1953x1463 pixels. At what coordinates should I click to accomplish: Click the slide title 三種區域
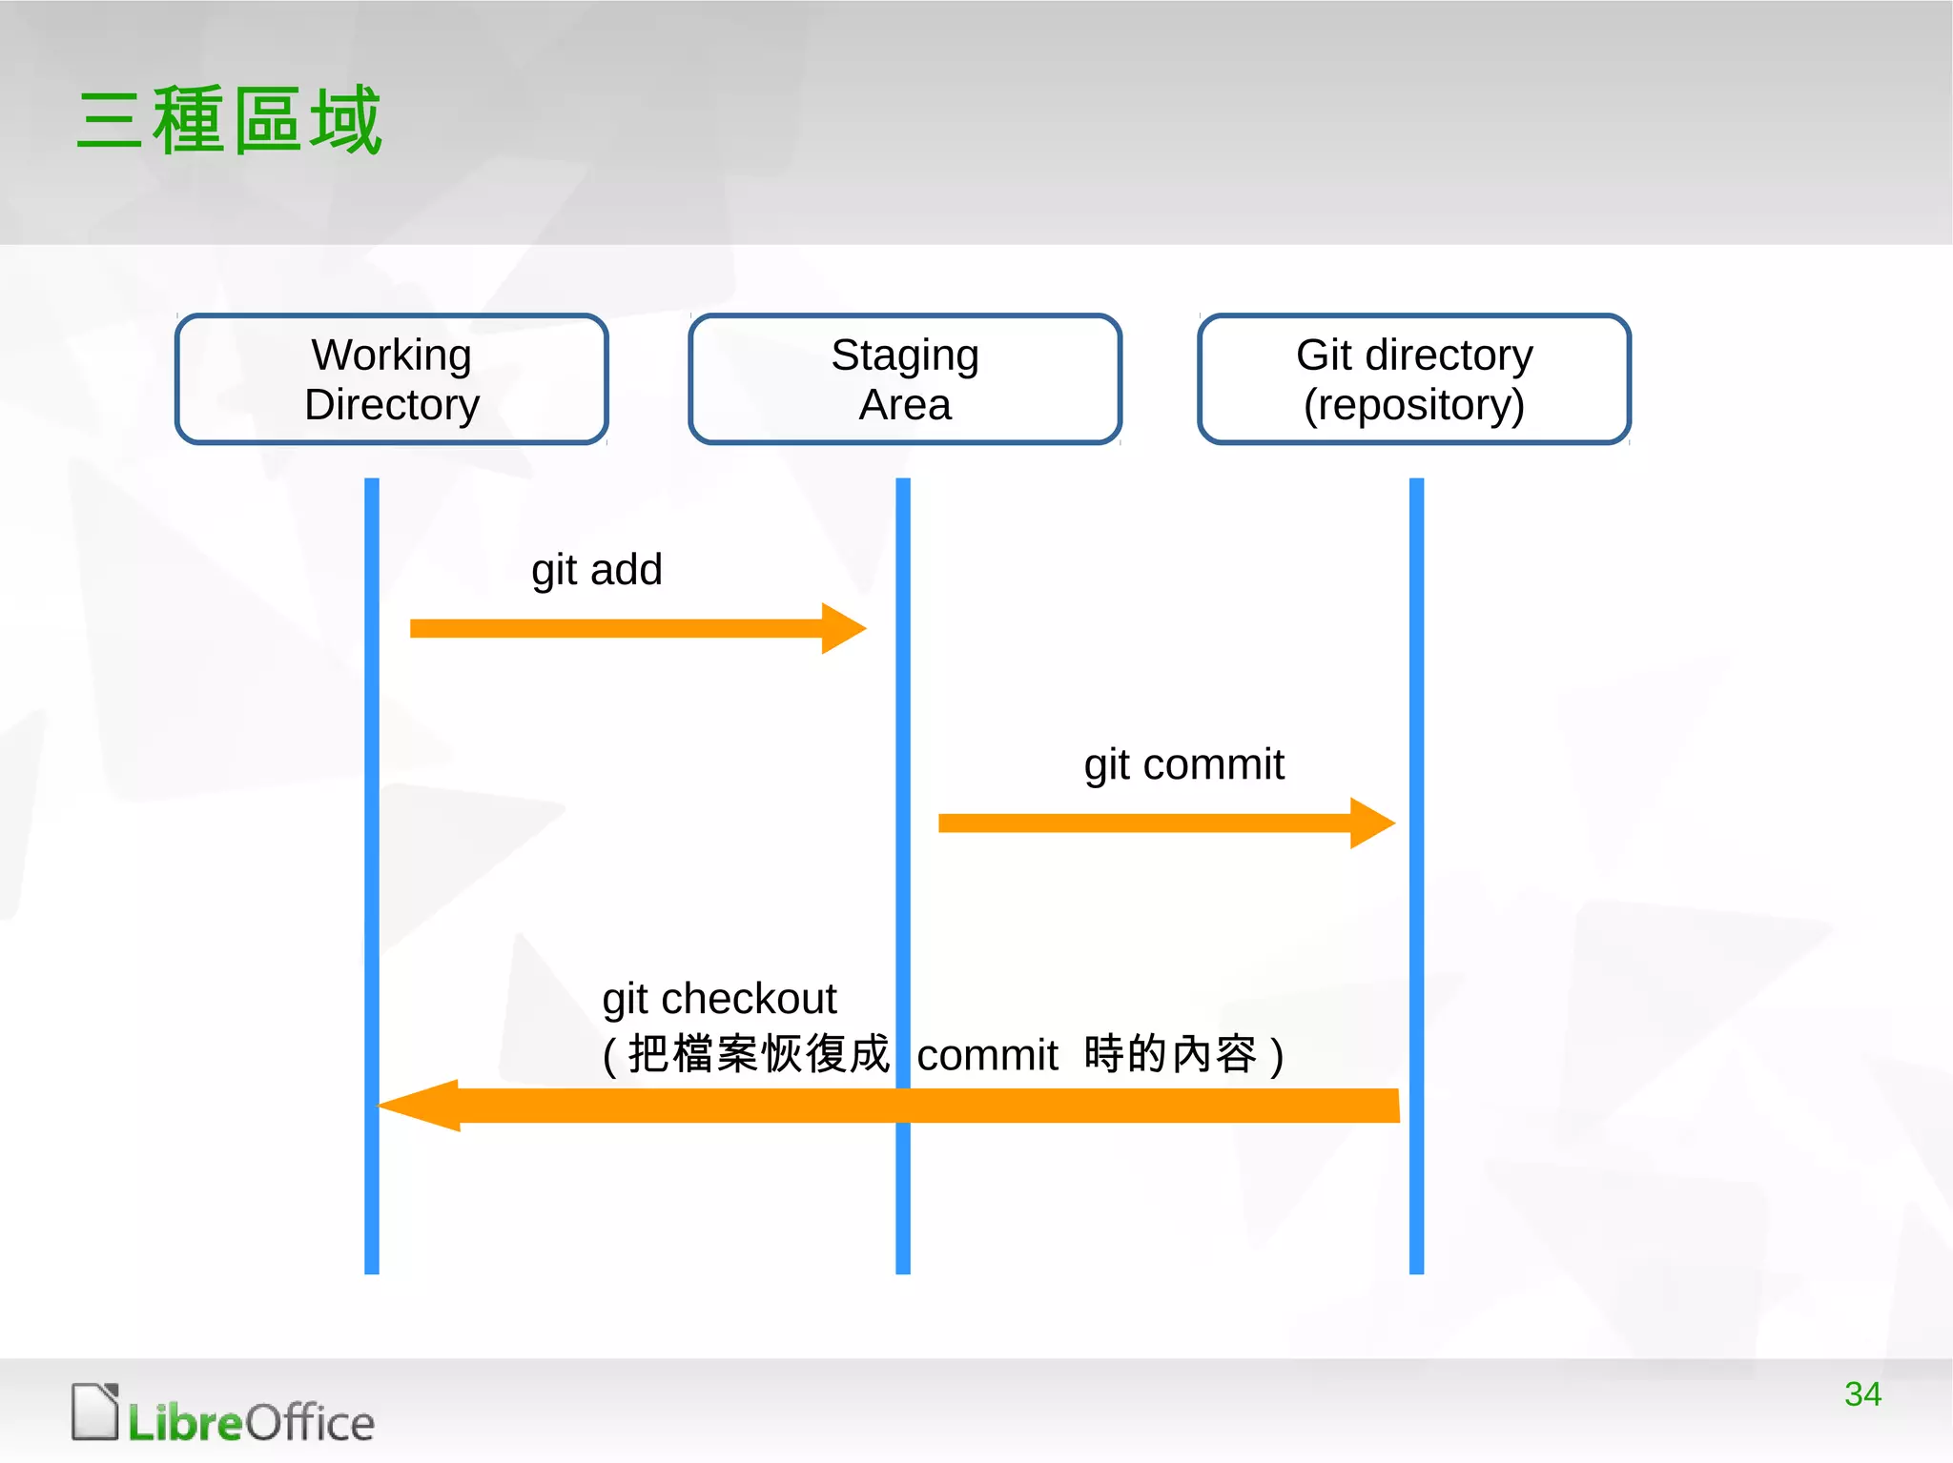(x=229, y=120)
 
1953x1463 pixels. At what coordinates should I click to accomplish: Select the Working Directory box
(x=392, y=379)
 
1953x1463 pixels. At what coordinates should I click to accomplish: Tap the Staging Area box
(x=905, y=379)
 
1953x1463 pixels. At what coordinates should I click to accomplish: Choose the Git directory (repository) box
(x=1414, y=379)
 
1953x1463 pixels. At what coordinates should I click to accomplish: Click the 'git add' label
(x=596, y=570)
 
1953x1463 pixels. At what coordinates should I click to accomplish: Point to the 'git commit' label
(x=1183, y=764)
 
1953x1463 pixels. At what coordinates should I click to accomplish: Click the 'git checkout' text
(x=719, y=999)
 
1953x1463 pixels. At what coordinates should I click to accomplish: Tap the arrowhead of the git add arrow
(x=843, y=628)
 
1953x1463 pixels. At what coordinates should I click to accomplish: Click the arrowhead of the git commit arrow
(x=1372, y=823)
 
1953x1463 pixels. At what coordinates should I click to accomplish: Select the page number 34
(x=1862, y=1394)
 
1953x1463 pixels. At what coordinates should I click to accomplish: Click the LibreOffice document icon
(x=95, y=1412)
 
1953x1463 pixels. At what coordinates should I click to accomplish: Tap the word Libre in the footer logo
(x=186, y=1423)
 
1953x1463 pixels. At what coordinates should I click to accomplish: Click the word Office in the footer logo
(x=310, y=1423)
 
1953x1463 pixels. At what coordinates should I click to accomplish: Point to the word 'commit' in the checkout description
(x=987, y=1055)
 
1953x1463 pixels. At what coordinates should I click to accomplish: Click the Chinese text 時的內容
(x=1170, y=1054)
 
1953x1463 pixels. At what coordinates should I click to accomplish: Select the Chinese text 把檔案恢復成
(x=758, y=1054)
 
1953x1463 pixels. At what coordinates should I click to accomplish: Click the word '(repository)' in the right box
(x=1414, y=405)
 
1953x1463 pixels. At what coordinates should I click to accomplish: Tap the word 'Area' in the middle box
(x=905, y=405)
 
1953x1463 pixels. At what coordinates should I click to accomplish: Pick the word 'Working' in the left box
(x=392, y=355)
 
